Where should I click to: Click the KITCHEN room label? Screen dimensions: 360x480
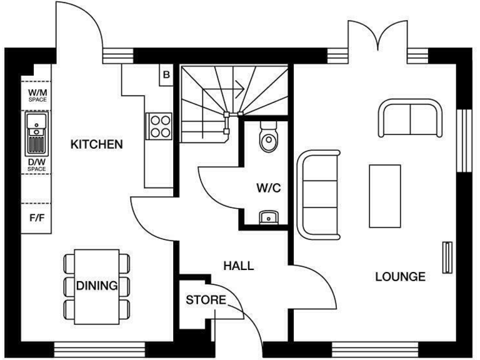[x=96, y=145]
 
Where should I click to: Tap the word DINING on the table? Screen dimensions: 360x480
[x=97, y=286]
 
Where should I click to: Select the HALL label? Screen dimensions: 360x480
[x=239, y=266]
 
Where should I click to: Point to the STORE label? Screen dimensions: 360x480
[x=206, y=301]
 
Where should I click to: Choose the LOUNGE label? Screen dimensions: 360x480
[x=400, y=276]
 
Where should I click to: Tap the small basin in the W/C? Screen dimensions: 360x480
[x=267, y=217]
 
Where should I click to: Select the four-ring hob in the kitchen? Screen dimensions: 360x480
[x=159, y=125]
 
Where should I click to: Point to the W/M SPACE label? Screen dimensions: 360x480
[x=37, y=95]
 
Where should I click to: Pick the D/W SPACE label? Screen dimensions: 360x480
[x=37, y=165]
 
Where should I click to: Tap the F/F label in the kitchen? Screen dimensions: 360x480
[x=36, y=219]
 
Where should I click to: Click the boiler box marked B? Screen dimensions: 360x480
[x=166, y=75]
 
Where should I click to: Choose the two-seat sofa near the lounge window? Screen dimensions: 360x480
[x=409, y=119]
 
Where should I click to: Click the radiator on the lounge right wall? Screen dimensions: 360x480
[x=447, y=257]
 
